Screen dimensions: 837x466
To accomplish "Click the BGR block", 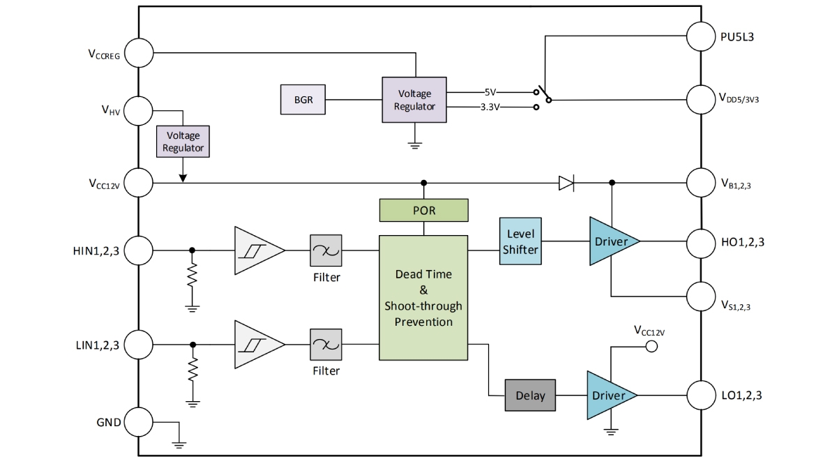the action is pos(303,99).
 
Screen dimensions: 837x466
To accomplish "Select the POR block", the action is pos(424,210).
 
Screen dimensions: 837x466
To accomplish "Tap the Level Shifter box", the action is pos(520,241).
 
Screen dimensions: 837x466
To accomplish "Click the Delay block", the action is pos(530,396).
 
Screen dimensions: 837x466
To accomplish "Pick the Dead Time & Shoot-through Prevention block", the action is pos(423,298).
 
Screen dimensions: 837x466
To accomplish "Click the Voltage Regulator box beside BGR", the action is pos(414,100).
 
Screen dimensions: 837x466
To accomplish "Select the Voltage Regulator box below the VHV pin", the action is pos(183,141).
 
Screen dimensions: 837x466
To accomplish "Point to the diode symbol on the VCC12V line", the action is pos(566,183).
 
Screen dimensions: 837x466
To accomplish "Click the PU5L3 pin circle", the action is pos(701,36).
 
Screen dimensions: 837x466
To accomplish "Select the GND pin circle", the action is pos(139,422).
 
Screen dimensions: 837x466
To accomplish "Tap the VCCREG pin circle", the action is pos(139,53).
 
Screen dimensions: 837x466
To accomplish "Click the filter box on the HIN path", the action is pos(326,250).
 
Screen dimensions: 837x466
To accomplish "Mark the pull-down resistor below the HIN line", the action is pos(192,275).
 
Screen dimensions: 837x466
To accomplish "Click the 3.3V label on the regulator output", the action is pos(490,107).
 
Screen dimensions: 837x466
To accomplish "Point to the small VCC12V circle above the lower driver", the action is pos(651,347).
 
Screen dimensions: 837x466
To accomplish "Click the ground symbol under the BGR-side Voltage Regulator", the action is pos(414,145).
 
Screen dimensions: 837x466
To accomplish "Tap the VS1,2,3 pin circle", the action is pos(701,296).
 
